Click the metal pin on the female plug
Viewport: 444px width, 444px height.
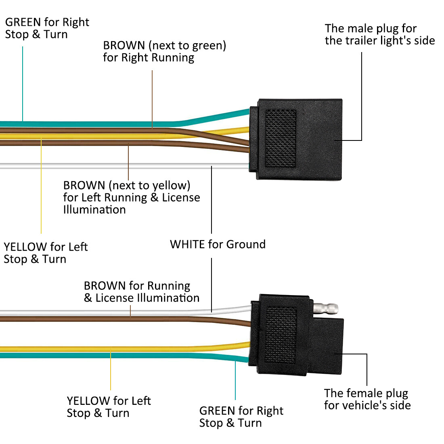[327, 309]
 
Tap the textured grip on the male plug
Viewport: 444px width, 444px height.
[280, 138]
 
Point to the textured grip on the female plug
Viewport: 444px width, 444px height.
[280, 334]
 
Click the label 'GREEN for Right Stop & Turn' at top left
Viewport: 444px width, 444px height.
[47, 28]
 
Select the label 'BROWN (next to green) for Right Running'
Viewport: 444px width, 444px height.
[164, 51]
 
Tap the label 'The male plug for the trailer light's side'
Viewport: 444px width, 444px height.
[379, 34]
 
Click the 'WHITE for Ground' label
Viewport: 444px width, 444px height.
[218, 244]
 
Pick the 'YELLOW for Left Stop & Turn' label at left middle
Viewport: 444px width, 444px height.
[45, 253]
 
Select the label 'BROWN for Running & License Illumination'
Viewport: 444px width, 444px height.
[141, 292]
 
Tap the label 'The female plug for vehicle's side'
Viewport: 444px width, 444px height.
[367, 399]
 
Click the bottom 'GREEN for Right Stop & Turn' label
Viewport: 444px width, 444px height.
[241, 417]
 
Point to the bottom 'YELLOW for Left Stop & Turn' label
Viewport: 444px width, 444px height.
[109, 407]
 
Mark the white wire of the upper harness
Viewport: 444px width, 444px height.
[121, 165]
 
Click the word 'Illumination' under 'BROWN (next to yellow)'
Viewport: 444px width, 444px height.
[94, 209]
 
